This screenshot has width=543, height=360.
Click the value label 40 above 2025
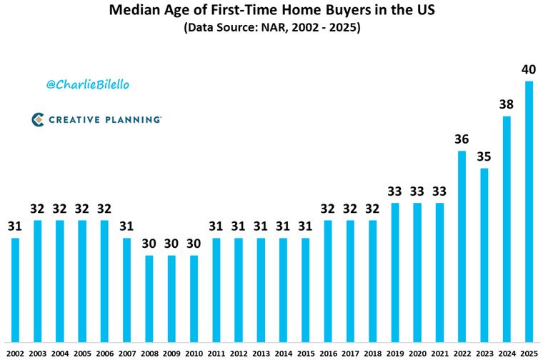529,69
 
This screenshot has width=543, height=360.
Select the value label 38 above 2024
507,104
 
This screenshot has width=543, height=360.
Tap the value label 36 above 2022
462,139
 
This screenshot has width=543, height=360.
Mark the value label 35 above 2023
484,156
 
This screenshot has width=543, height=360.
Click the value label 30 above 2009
171,244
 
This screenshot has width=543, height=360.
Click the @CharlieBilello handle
88,85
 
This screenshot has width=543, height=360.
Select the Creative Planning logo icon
38,119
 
